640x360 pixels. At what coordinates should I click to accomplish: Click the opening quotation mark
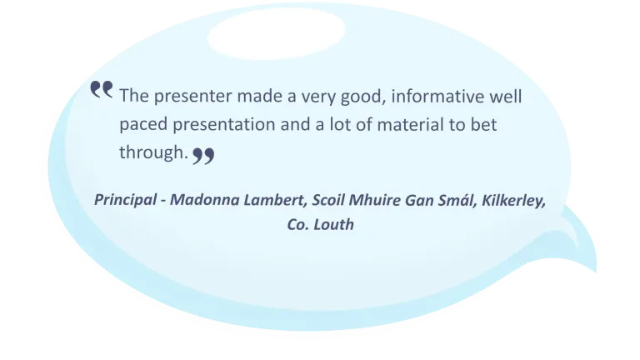pos(101,89)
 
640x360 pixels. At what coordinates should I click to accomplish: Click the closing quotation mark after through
pos(203,156)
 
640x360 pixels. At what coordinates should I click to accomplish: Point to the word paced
pos(143,125)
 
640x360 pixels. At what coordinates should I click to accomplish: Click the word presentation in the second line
pos(223,125)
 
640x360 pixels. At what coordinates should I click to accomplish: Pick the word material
pos(410,124)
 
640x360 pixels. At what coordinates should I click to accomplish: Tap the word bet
pos(483,124)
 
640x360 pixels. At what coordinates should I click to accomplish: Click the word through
pos(153,152)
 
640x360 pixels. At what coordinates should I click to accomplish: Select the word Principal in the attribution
pos(125,200)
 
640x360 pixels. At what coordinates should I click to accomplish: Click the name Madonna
pos(204,200)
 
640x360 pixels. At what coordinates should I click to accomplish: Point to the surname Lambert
pos(276,200)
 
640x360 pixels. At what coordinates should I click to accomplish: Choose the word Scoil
pos(328,200)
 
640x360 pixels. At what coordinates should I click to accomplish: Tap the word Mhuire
pos(375,200)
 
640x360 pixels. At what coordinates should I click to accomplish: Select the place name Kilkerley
pos(513,200)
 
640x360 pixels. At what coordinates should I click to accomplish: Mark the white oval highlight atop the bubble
pos(277,34)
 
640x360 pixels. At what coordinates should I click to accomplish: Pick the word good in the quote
pos(362,97)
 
